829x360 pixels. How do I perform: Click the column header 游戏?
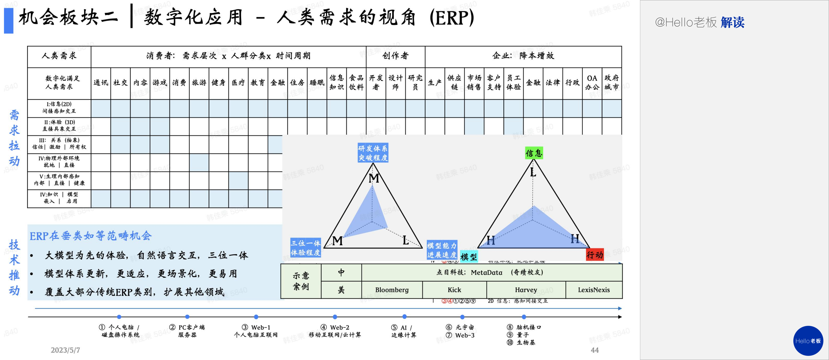(x=160, y=83)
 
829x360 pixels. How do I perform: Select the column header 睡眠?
(x=317, y=83)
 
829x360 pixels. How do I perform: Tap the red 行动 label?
(x=594, y=255)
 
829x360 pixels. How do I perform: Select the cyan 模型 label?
(x=469, y=257)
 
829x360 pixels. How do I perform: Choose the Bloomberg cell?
(x=392, y=290)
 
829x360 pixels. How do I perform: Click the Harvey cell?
(x=526, y=290)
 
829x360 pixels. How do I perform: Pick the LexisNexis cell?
(x=594, y=290)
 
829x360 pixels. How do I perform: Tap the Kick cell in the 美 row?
(x=454, y=290)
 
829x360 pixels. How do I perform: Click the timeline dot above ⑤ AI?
(x=404, y=316)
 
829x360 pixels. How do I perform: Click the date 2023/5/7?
(x=65, y=350)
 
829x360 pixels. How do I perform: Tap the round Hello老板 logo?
(x=808, y=341)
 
